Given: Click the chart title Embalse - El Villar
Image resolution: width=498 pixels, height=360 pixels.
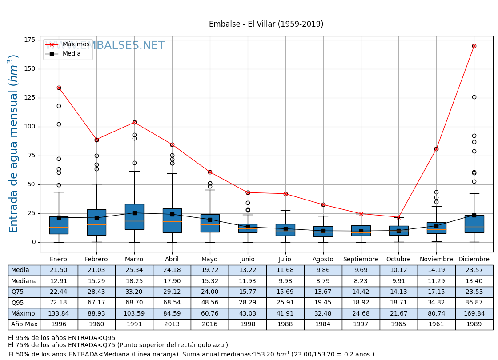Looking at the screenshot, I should pos(266,24).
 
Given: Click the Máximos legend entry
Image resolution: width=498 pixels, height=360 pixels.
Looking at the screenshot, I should pos(76,44).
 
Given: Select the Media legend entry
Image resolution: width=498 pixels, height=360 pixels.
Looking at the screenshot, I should pos(72,54).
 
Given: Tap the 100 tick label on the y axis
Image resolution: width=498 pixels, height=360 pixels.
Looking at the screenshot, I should pos(29,127).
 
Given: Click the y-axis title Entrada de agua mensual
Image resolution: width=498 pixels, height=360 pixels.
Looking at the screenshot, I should pos(14,144).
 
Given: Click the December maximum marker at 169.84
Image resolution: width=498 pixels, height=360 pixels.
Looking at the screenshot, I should pos(474,46).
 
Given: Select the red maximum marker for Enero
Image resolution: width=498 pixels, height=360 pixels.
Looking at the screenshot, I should pos(59,88).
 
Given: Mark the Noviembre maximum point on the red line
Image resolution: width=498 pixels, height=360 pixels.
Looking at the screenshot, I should pos(436,149).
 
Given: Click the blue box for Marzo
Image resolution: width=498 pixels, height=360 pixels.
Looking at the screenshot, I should pos(134,217).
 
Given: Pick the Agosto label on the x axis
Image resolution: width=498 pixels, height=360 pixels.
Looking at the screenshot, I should pos(323,260).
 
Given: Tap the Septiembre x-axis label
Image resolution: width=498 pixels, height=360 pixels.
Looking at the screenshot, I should pos(361,260).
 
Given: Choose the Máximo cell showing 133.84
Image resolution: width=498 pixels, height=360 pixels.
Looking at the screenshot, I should pos(59,314).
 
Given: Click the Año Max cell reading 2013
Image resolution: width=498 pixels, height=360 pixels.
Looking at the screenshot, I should pos(172,324).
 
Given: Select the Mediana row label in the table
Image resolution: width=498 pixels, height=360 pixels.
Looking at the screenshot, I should pos(24,281).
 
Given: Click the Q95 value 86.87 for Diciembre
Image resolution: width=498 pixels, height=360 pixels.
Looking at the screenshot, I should pos(474,303).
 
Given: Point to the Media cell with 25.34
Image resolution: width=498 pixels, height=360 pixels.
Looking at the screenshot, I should pos(134,270).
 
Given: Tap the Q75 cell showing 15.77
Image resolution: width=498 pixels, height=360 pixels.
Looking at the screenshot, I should pos(247,292).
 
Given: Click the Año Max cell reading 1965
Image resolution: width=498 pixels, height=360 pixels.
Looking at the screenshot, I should pos(398,324).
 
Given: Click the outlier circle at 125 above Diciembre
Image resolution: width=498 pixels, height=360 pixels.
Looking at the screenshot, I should pos(474,97).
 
